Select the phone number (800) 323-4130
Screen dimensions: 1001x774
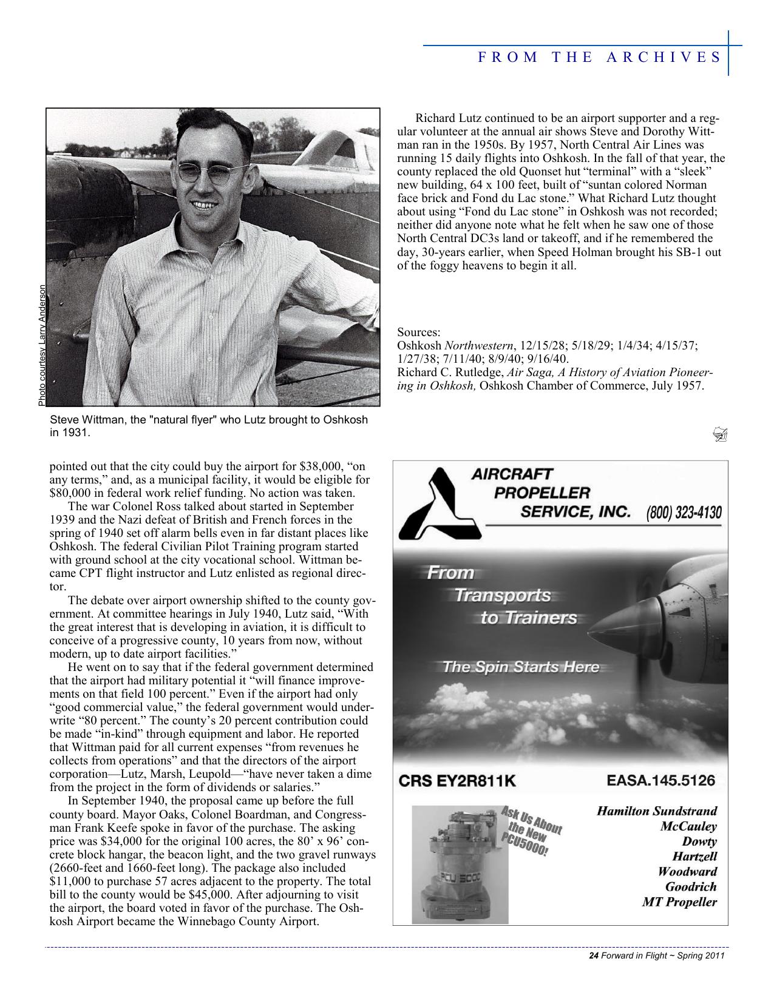point(684,513)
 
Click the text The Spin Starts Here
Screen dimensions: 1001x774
point(521,667)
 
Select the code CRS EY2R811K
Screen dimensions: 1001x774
point(457,781)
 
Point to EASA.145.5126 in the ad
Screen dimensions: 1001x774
point(660,780)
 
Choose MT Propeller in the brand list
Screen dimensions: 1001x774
point(679,902)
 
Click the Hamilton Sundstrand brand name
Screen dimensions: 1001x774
point(657,811)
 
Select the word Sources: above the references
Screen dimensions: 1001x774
point(419,332)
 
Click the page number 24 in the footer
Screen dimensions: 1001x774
point(594,956)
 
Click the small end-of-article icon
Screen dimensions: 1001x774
point(720,434)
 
